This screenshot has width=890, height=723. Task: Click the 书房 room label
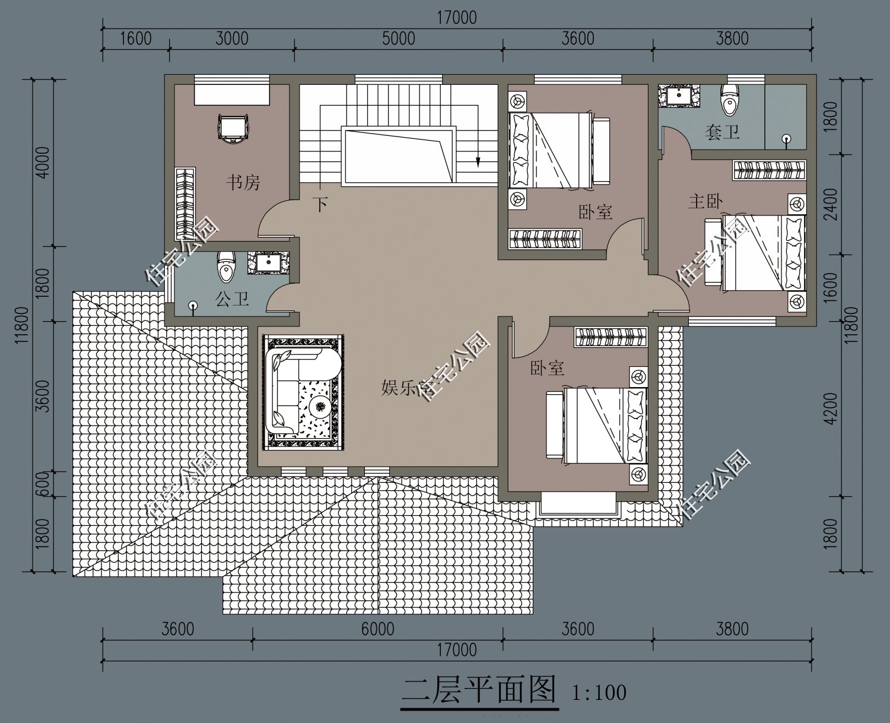243,182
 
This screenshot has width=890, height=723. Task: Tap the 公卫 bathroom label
232,299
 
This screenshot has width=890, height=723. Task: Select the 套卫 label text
722,131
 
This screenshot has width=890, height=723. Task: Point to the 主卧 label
705,201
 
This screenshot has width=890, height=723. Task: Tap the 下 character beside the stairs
320,205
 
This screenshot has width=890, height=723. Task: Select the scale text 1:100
599,693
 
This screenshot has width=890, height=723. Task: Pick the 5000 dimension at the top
398,39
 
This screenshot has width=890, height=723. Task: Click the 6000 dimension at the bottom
377,629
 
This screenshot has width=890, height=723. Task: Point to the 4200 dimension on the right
831,408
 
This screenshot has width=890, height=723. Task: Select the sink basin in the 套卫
677,96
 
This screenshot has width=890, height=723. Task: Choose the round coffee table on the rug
320,407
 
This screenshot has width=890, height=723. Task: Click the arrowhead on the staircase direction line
477,161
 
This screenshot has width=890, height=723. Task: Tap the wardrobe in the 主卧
769,170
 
